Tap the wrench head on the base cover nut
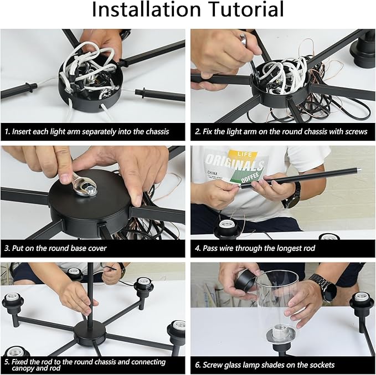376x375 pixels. click(x=85, y=186)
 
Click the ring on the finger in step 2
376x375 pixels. click(x=244, y=39)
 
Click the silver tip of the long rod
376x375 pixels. click(x=358, y=170)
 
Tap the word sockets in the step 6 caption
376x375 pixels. click(x=322, y=365)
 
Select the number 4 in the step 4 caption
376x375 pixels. click(x=197, y=248)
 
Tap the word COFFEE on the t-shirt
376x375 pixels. click(x=250, y=177)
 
